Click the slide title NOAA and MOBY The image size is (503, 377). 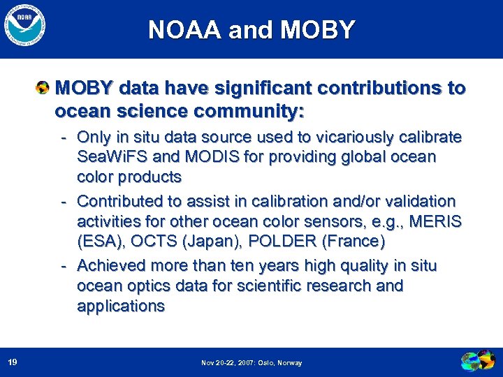(251, 30)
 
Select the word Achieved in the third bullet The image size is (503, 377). (110, 265)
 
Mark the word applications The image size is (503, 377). (121, 306)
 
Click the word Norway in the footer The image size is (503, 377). (289, 363)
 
